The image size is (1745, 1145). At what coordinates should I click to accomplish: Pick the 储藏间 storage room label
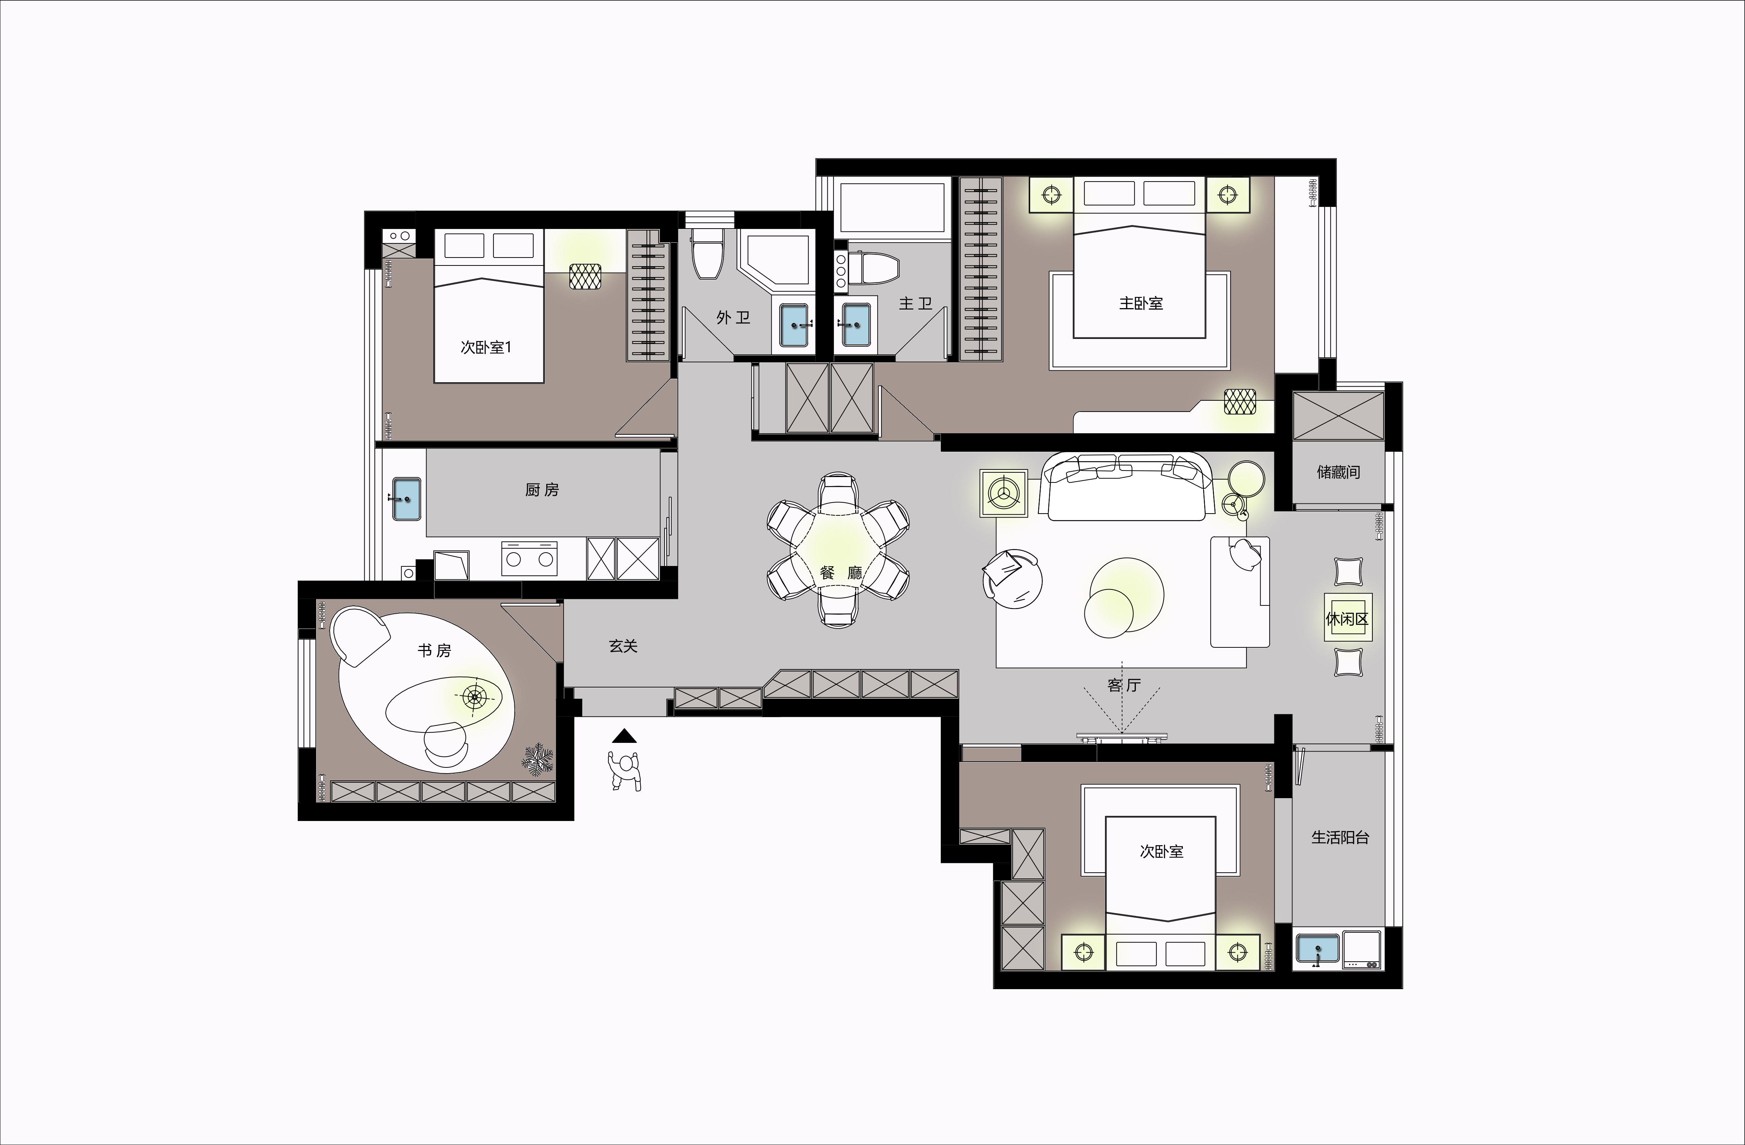pos(1338,472)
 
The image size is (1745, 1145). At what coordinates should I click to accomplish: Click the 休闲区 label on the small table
pos(1347,619)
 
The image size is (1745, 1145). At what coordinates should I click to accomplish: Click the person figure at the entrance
pos(624,770)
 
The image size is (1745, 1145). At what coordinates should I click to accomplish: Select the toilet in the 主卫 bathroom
pos(878,269)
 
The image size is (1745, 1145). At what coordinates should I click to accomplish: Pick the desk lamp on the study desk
pos(474,696)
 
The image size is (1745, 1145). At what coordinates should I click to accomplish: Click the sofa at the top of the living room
pos(1127,486)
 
